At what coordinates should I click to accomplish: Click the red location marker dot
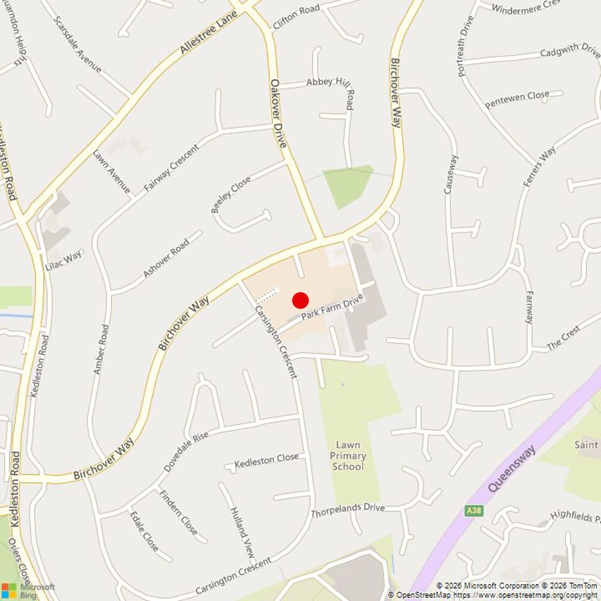click(300, 300)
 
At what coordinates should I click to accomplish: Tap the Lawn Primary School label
click(348, 455)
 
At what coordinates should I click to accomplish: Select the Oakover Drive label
click(278, 113)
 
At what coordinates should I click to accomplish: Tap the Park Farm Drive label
click(332, 307)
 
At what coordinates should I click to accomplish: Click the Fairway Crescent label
click(171, 167)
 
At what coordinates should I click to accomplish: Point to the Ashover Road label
click(166, 258)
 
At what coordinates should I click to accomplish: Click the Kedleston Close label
click(266, 461)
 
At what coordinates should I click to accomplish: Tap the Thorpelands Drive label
click(347, 509)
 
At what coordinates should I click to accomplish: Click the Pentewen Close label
click(517, 99)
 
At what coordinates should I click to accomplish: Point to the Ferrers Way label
click(539, 166)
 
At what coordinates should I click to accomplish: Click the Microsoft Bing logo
click(28, 590)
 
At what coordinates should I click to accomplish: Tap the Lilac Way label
click(64, 260)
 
